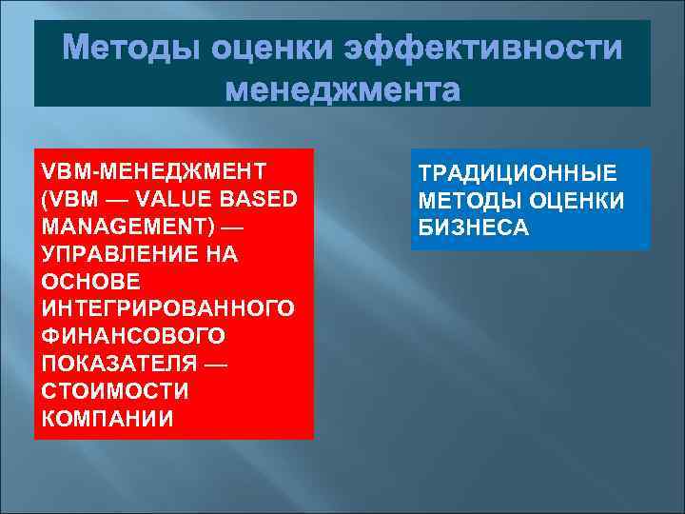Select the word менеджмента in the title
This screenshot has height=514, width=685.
coord(342,91)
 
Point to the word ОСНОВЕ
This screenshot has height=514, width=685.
coord(90,283)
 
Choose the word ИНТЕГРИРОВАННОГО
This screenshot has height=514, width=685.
coord(166,310)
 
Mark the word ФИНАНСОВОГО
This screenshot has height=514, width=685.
coord(133,338)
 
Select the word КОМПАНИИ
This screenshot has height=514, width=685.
coord(108,421)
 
